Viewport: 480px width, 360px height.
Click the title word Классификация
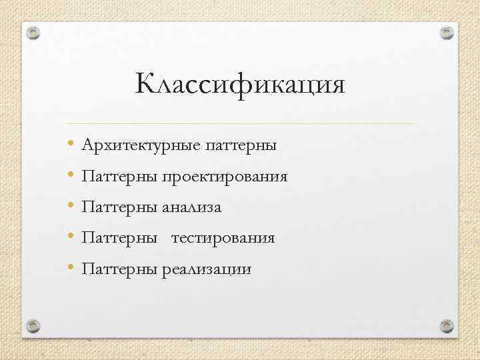tap(240, 85)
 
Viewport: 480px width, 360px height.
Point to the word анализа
tap(191, 207)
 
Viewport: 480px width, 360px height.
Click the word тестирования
tap(223, 238)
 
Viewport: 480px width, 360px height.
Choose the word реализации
tap(206, 269)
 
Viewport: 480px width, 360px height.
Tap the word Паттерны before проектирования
tap(119, 177)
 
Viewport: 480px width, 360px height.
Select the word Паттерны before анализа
tap(119, 207)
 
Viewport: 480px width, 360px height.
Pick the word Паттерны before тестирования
tap(119, 238)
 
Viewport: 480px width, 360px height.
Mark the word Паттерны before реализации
tap(119, 269)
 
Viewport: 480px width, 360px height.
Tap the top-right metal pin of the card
tap(447, 33)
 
